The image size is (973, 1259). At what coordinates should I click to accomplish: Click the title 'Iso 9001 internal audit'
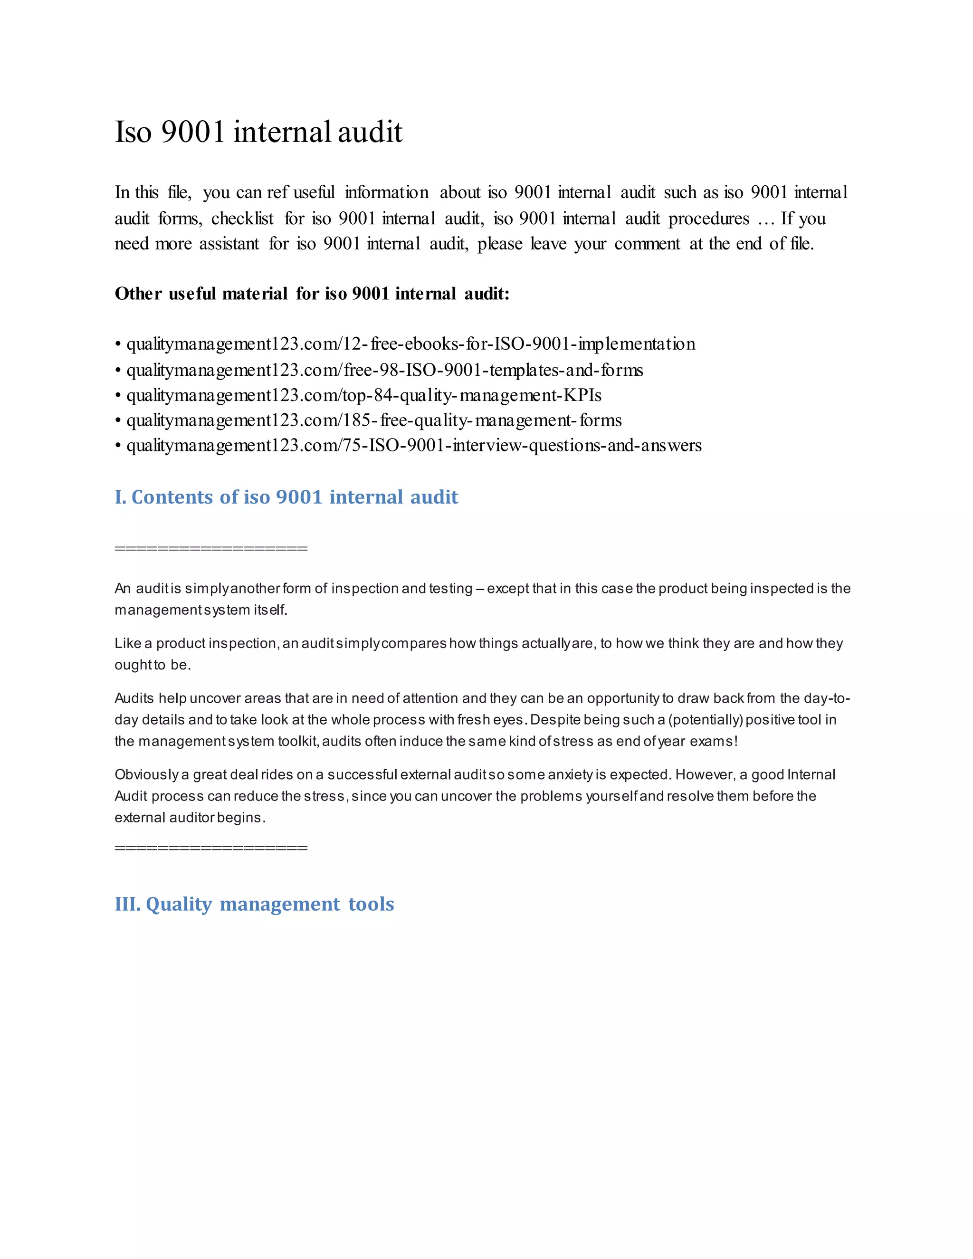pyautogui.click(x=258, y=132)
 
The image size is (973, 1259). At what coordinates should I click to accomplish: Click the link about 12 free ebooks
pyautogui.click(x=410, y=344)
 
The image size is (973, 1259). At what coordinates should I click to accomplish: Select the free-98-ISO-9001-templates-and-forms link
pyautogui.click(x=384, y=370)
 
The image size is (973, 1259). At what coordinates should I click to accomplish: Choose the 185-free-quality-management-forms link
pyautogui.click(x=374, y=421)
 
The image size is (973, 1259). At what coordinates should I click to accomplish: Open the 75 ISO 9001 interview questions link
pyautogui.click(x=414, y=446)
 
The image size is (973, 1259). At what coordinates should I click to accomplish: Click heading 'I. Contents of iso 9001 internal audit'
pyautogui.click(x=286, y=497)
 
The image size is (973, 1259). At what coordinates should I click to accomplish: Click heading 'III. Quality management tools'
pyautogui.click(x=254, y=904)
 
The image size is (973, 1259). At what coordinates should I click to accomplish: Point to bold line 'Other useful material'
pyautogui.click(x=312, y=294)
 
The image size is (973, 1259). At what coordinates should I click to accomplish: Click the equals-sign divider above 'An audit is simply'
pyautogui.click(x=211, y=548)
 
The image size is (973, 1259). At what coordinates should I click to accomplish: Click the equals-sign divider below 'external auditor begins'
pyautogui.click(x=211, y=848)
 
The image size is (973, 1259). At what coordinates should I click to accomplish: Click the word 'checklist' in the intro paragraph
pyautogui.click(x=242, y=219)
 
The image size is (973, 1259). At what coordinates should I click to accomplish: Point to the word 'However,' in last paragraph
pyautogui.click(x=704, y=775)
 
